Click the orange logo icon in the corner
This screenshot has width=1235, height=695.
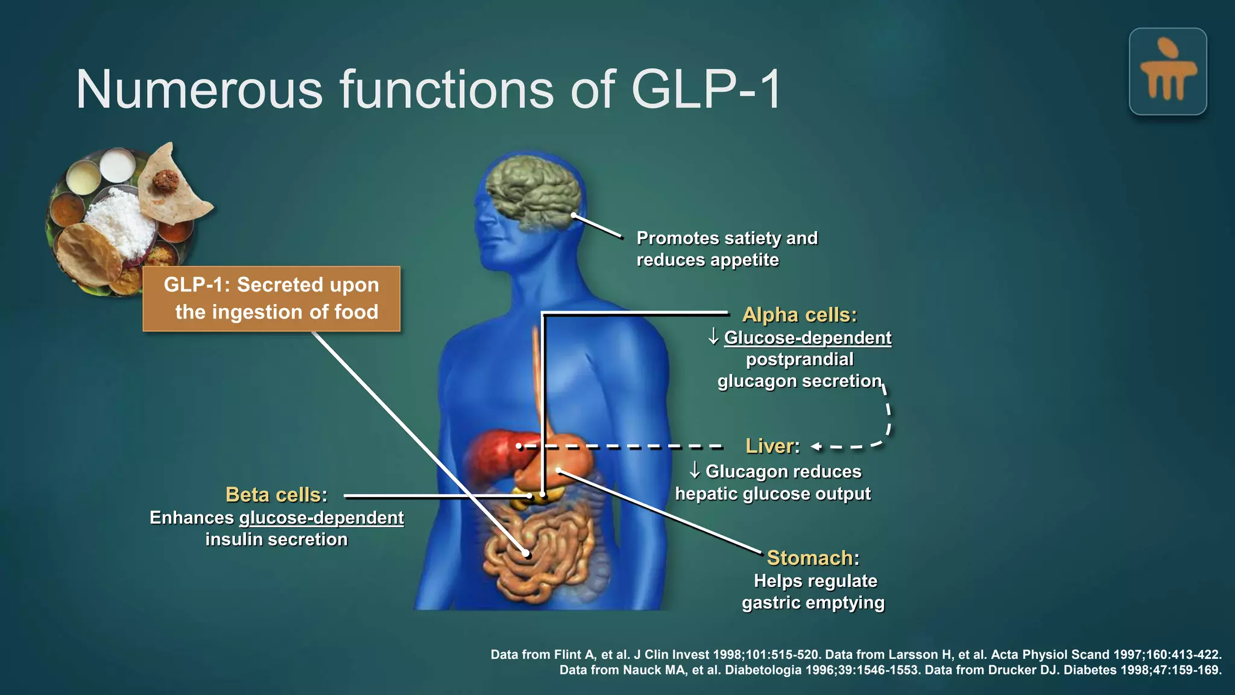[1167, 72]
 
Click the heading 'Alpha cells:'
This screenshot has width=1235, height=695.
[799, 315]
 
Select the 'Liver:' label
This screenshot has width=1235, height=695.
[772, 446]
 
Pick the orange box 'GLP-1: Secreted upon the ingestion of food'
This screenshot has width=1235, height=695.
[271, 299]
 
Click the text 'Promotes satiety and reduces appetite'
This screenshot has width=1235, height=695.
[727, 249]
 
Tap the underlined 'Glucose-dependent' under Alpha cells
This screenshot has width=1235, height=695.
[807, 338]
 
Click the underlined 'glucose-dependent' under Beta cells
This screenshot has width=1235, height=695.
[321, 518]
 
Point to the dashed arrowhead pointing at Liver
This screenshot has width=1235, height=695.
[816, 447]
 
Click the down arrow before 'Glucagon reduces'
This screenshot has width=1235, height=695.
[695, 471]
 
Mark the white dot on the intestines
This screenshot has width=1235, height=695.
[526, 553]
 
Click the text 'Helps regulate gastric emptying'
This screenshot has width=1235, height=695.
[813, 592]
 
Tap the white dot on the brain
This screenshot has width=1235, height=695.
[574, 215]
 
